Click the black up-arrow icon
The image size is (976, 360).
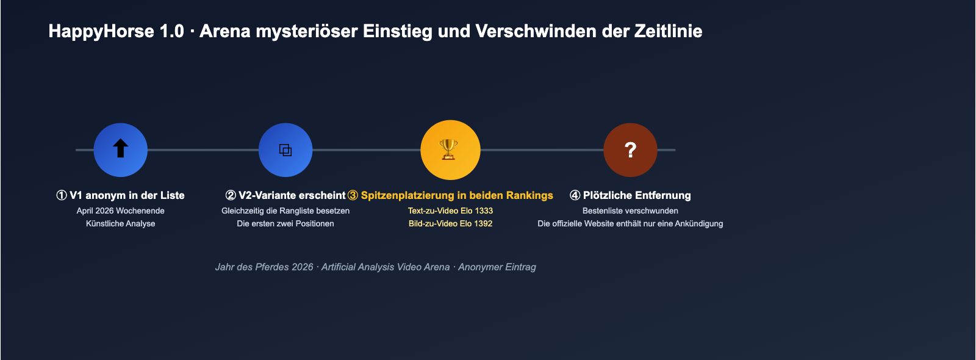121,149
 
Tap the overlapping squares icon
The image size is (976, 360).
285,150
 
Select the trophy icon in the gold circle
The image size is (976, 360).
450,149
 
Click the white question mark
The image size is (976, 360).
631,150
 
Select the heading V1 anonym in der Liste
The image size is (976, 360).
127,195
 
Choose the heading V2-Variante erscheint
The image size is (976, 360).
292,195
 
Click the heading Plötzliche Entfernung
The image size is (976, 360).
637,195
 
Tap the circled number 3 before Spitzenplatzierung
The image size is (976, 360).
353,195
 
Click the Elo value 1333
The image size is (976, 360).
484,211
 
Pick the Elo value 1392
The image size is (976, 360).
483,223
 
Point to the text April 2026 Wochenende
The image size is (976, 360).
121,211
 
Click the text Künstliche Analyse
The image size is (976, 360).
121,223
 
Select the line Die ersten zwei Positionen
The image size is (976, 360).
285,223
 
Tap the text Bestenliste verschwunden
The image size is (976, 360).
630,211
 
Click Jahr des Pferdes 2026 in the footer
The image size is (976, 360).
264,267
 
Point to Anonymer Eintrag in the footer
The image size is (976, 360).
497,267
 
